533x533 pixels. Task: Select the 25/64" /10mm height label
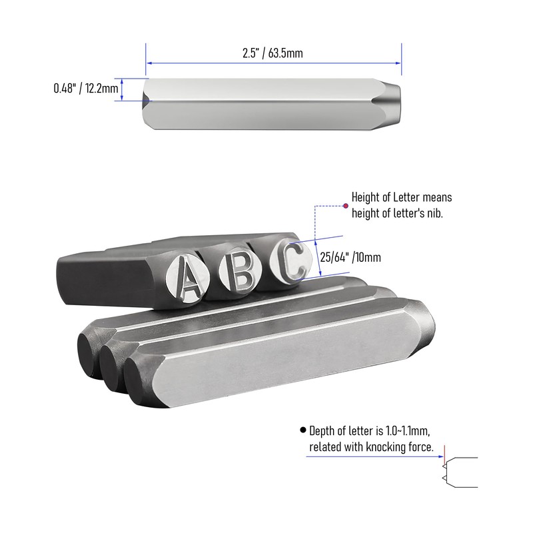click(350, 257)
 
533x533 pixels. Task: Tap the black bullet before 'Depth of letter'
click(303, 430)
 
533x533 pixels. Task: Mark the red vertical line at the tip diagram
click(443, 451)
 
